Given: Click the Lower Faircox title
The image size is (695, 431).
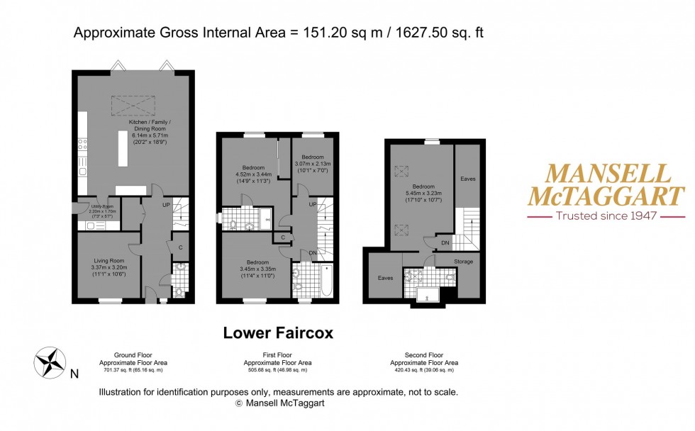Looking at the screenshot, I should pos(278,332).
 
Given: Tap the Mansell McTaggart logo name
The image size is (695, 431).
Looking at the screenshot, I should pos(604,185).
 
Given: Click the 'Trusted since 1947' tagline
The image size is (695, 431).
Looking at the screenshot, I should pos(604,216).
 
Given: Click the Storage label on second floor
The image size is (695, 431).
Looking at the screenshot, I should pos(464,262).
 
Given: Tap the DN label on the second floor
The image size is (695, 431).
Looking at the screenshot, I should pos(445,243).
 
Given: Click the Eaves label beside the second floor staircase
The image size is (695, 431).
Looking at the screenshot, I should pos(467,179).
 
